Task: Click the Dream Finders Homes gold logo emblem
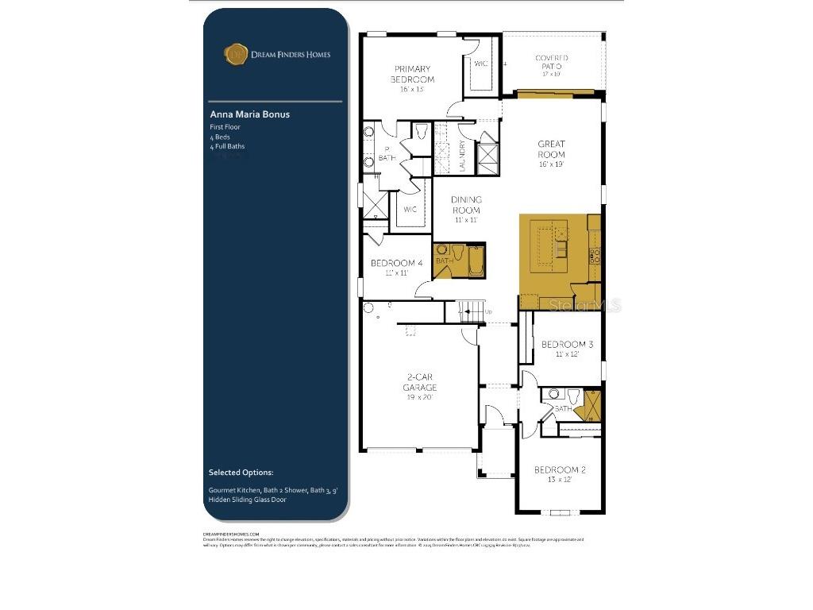tap(235, 54)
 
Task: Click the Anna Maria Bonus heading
tap(249, 114)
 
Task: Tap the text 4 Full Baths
tap(227, 146)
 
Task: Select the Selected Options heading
tap(241, 473)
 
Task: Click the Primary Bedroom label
tap(412, 75)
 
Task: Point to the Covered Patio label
tap(551, 63)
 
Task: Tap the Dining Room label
tap(466, 205)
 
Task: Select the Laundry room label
tap(463, 155)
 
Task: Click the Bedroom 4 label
tap(396, 264)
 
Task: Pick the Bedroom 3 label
tap(567, 345)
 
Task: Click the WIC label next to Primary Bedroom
tap(480, 64)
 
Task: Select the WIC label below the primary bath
tap(410, 210)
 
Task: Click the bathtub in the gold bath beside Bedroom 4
tap(476, 261)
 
